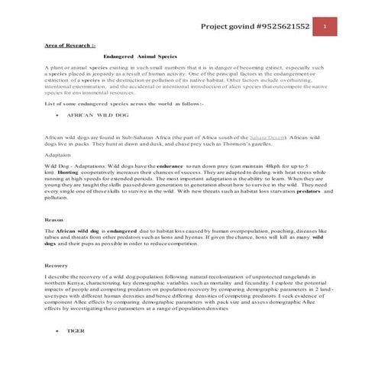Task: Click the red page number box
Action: click(325, 27)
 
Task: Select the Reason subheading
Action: click(54, 219)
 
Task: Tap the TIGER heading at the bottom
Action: click(76, 331)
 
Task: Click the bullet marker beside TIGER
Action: click(57, 331)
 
